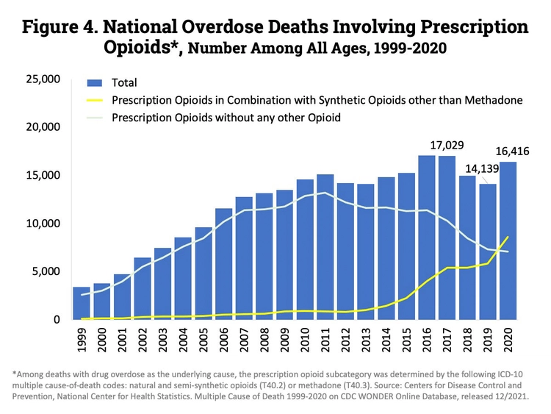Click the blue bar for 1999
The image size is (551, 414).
82,304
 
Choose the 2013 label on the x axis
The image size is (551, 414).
366,343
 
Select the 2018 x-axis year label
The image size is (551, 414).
467,343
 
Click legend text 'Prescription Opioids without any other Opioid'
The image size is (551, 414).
226,117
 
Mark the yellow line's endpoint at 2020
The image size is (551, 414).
508,237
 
